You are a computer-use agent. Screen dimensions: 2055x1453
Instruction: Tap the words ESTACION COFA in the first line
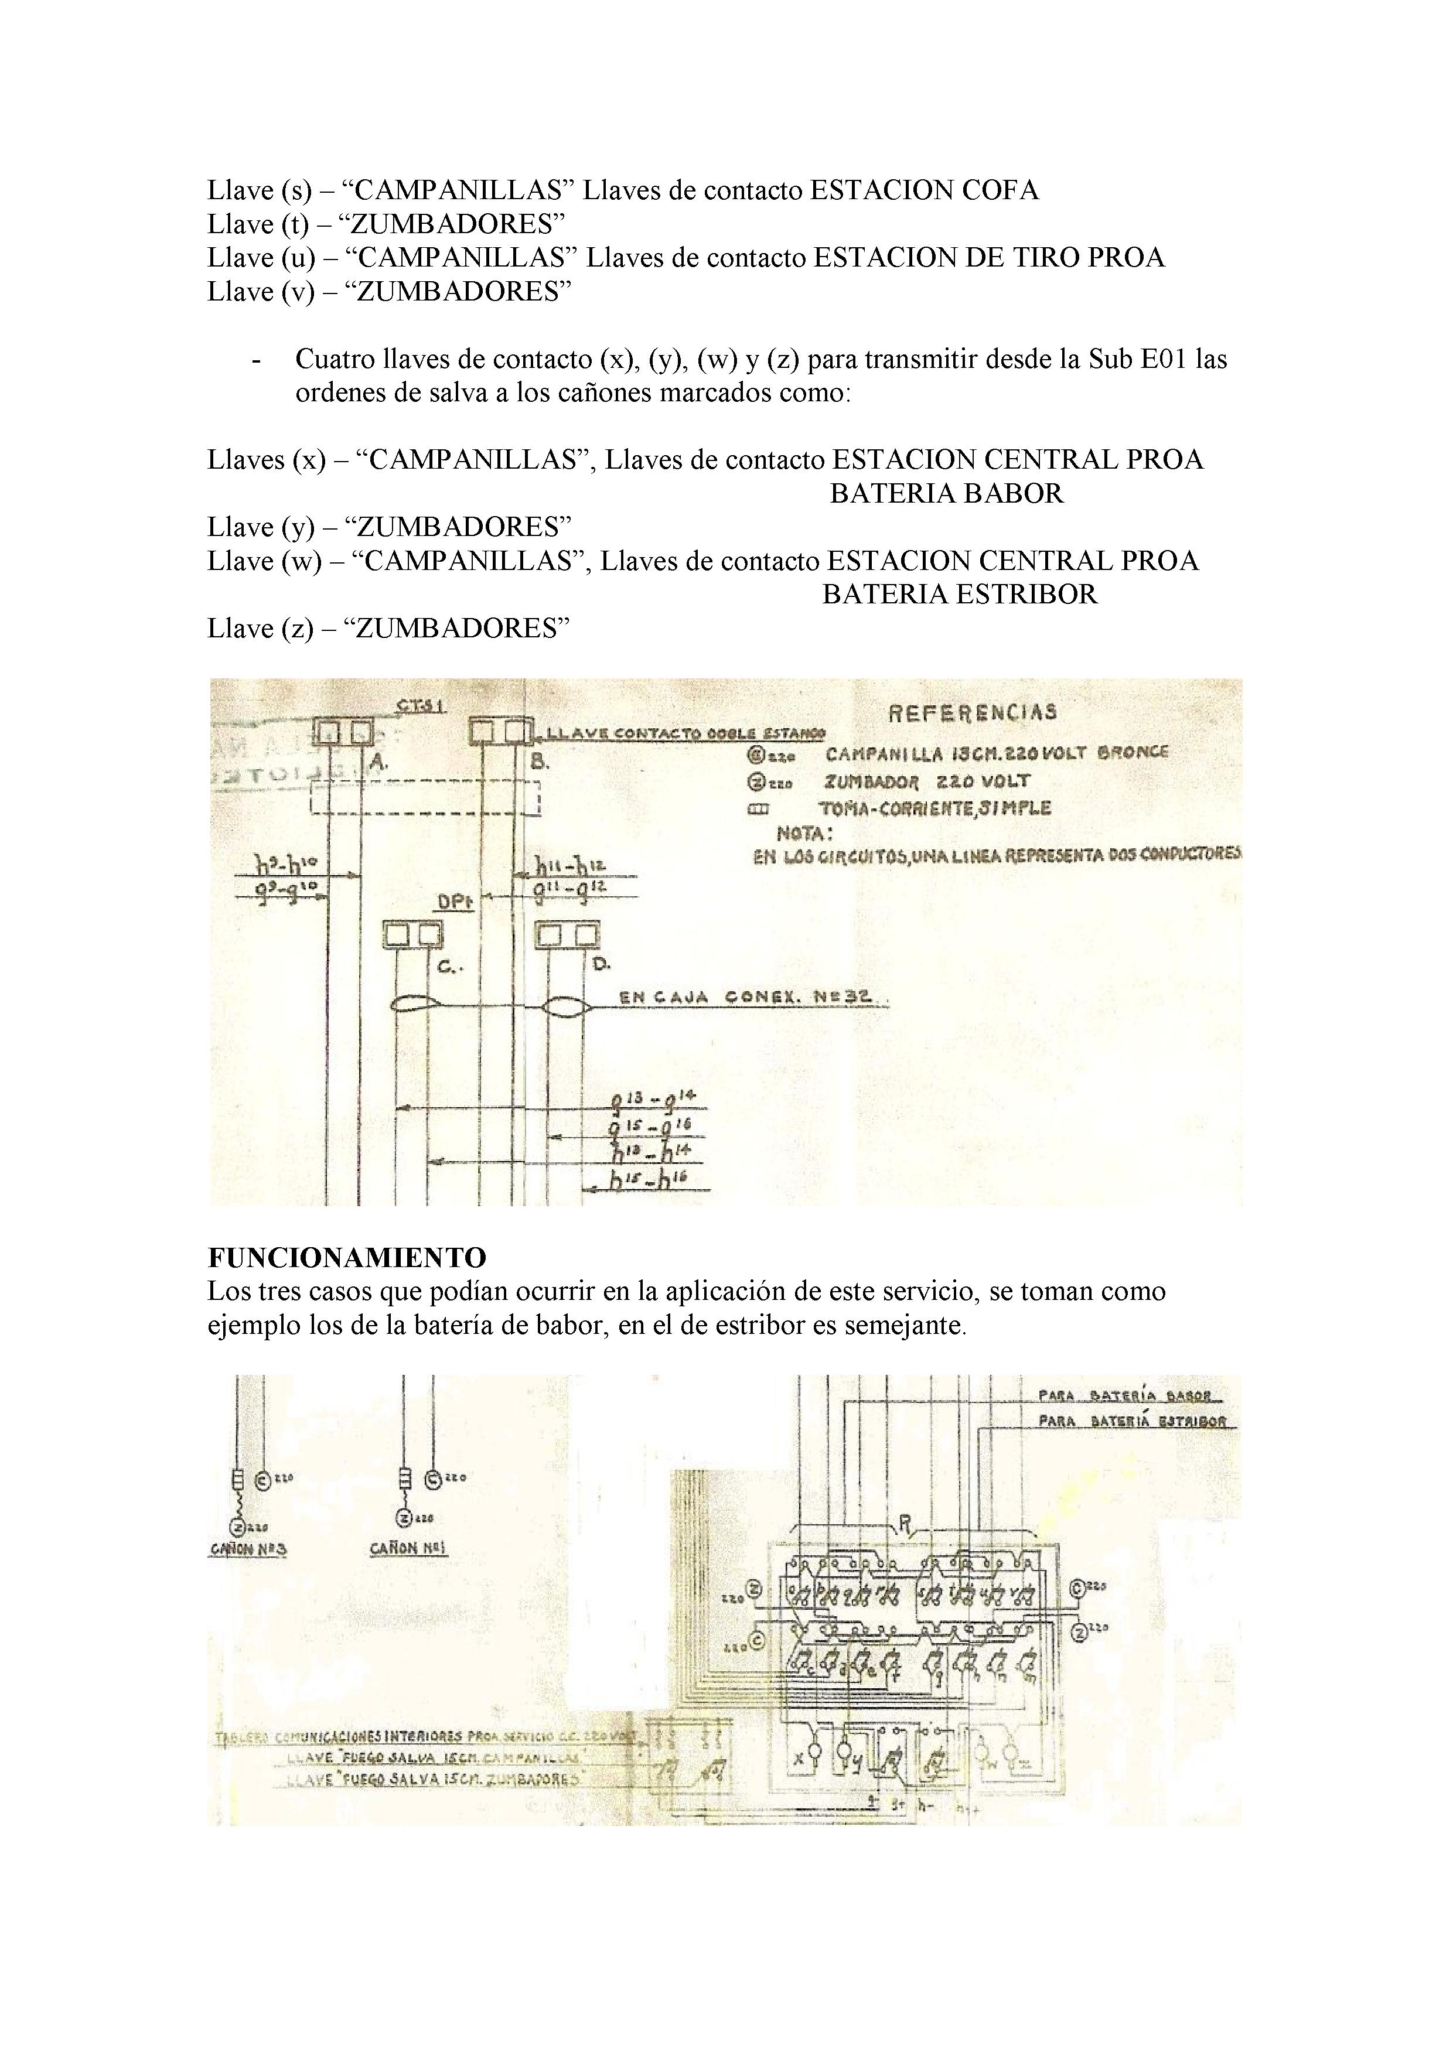point(924,190)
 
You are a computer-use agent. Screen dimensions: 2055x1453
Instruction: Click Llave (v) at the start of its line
point(261,292)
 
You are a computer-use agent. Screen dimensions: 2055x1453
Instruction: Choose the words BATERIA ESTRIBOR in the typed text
point(959,595)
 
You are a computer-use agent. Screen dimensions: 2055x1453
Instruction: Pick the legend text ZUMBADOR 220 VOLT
point(927,780)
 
